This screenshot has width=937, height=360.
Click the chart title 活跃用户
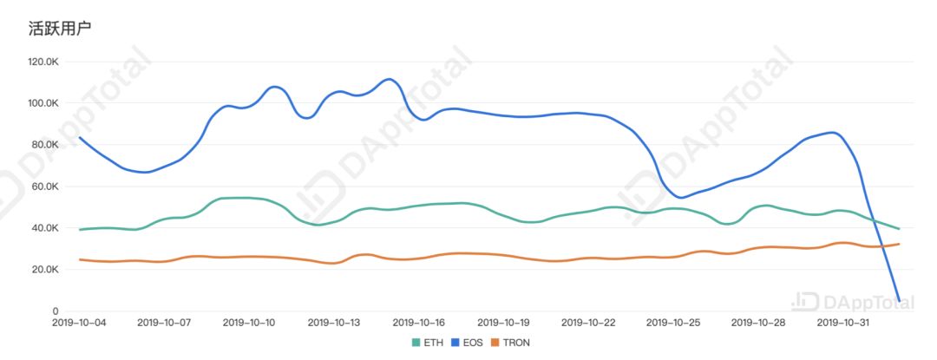coord(61,28)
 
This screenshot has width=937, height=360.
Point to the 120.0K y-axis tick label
coord(43,62)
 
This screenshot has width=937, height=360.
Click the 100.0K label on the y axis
coord(43,103)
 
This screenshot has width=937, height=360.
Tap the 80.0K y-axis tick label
coord(44,145)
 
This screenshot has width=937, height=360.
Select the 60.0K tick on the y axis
coord(44,187)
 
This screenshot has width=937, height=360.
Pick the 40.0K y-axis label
coord(44,228)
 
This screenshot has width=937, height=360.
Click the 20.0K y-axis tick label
coord(44,270)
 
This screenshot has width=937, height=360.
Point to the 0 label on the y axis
coord(55,311)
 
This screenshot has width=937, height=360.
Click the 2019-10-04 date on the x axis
coord(80,323)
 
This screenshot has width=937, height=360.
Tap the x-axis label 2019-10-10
coord(249,323)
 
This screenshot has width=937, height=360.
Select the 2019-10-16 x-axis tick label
coord(419,323)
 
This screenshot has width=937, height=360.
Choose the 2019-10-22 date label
coord(588,323)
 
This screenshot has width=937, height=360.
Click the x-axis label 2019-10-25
coord(673,323)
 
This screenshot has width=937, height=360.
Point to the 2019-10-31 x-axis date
coord(843,323)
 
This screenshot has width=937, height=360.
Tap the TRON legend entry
coord(510,343)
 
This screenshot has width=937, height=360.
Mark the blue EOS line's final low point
coord(899,300)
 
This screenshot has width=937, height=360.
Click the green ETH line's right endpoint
coord(899,229)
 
